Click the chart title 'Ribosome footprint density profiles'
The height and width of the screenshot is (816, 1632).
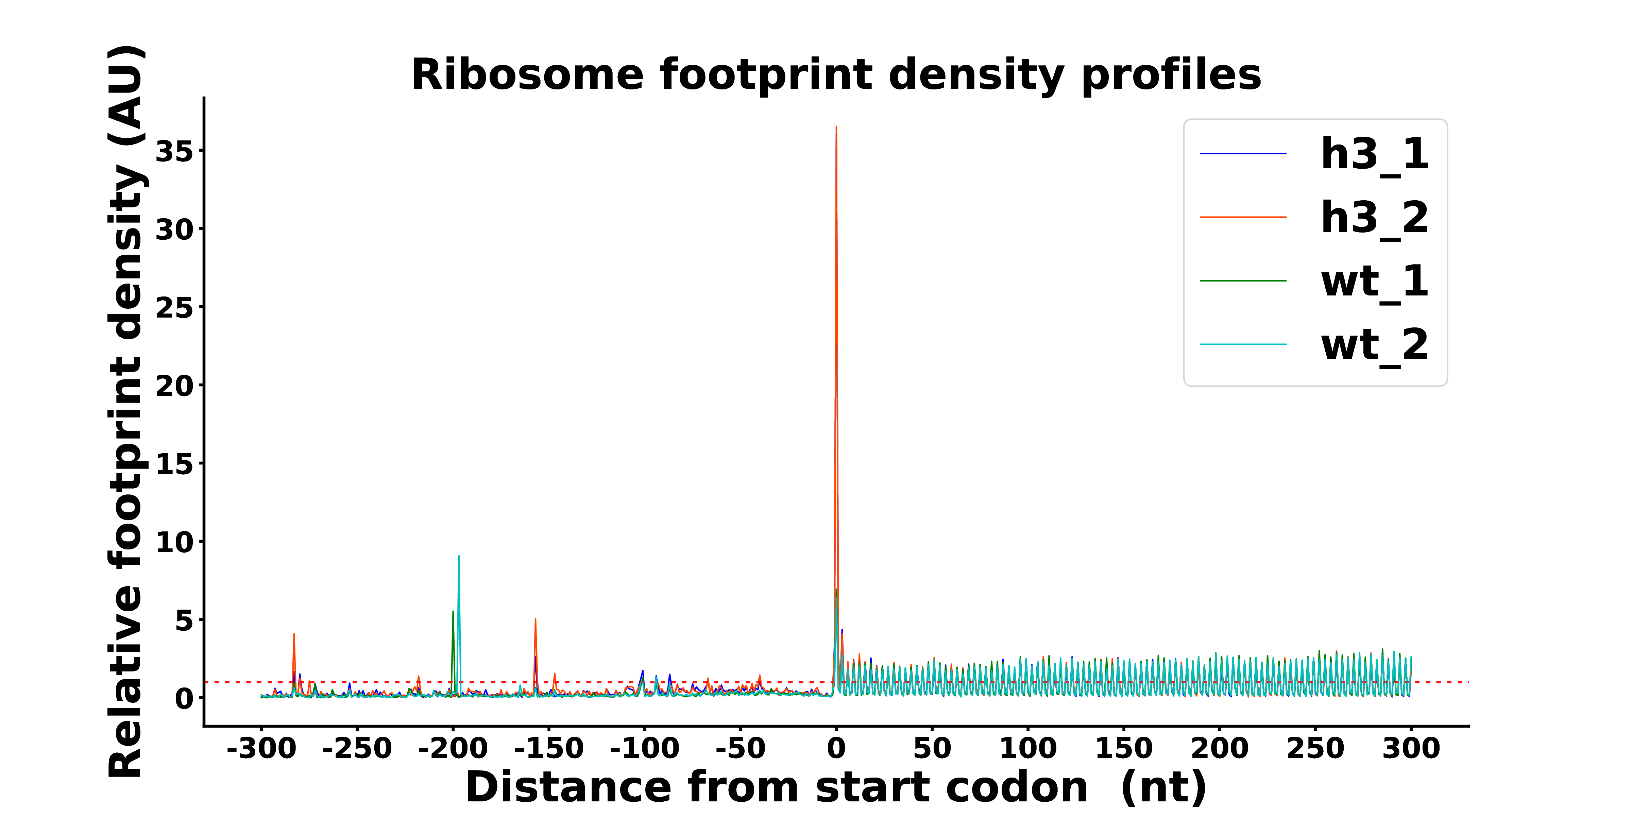pos(836,75)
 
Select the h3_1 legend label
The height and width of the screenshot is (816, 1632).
pos(1375,155)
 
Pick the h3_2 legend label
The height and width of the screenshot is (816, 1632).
pos(1375,218)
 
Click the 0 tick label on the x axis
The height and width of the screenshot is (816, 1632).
pos(836,748)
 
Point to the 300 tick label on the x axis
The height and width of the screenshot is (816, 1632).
pos(1411,748)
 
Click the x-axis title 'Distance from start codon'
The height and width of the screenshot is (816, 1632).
pos(777,787)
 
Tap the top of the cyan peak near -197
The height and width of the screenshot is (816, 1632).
pos(459,556)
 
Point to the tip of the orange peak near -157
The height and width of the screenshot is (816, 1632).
pos(535,619)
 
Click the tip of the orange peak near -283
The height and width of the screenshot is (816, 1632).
pos(294,633)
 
